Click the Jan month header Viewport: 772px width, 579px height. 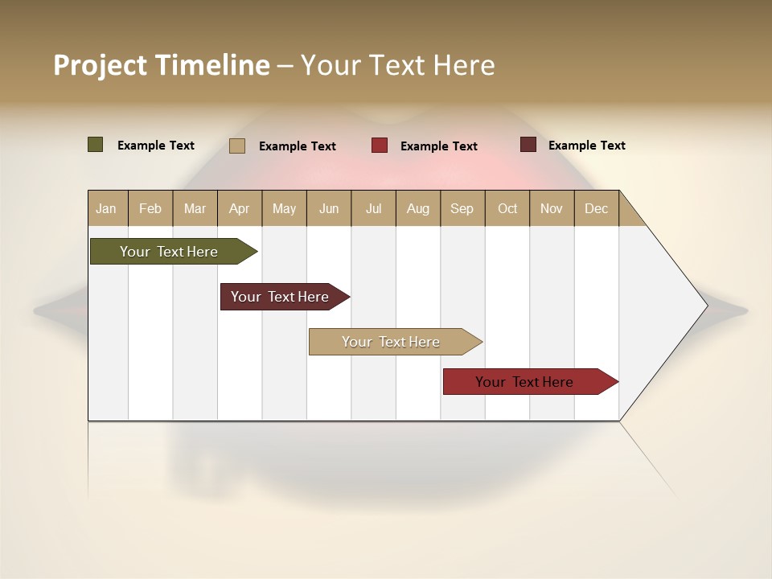click(x=107, y=208)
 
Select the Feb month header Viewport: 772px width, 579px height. click(x=150, y=208)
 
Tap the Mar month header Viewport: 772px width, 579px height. click(x=195, y=208)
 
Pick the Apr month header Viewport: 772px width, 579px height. click(x=240, y=208)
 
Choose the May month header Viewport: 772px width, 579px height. click(x=284, y=208)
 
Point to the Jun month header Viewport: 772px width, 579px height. click(x=329, y=208)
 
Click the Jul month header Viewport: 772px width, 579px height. click(x=373, y=208)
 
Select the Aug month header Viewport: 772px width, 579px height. click(x=418, y=208)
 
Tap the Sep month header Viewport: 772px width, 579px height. click(x=462, y=208)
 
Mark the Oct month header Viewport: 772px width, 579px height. click(x=507, y=208)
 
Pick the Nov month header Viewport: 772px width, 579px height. click(x=552, y=208)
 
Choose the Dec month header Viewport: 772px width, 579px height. click(x=597, y=208)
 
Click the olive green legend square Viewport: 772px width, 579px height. click(x=96, y=145)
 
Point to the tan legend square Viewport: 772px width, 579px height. click(x=237, y=146)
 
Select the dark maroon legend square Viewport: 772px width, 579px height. click(x=528, y=145)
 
